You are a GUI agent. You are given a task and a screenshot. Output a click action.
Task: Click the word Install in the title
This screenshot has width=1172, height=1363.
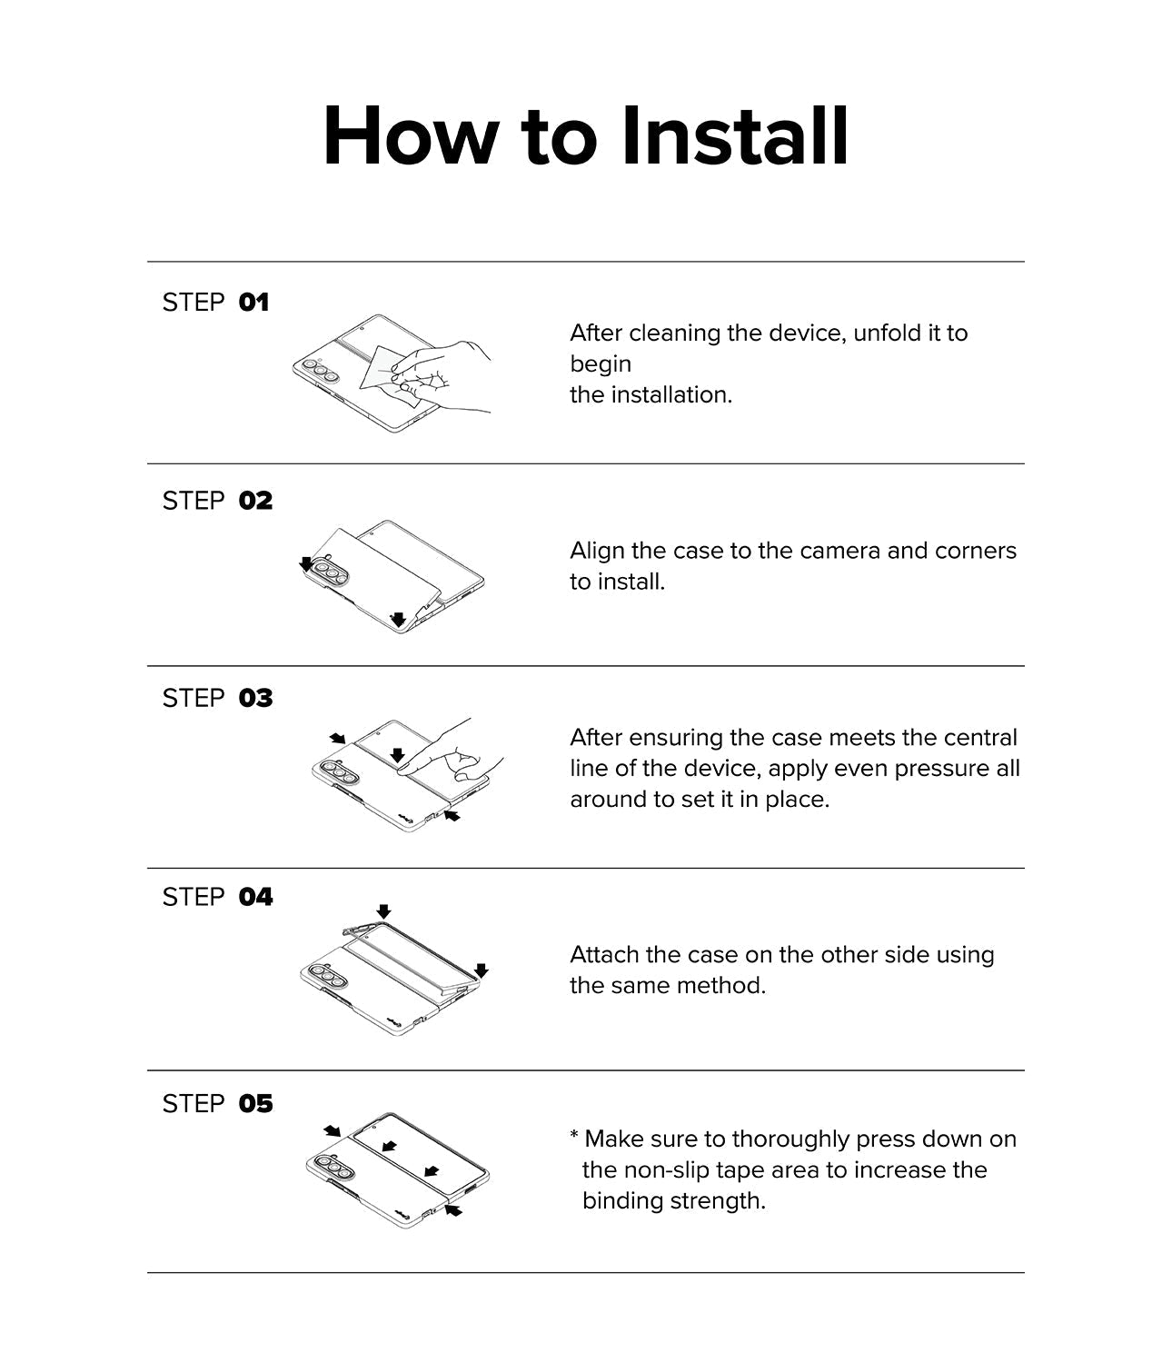[x=735, y=135]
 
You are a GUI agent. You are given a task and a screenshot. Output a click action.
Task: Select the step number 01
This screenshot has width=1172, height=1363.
[x=253, y=303]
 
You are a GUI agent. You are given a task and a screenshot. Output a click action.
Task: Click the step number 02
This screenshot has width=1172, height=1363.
[x=256, y=501]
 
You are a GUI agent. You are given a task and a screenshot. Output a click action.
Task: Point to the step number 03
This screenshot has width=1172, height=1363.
[x=256, y=699]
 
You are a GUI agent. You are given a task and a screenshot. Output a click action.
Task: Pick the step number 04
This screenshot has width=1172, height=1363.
[x=256, y=897]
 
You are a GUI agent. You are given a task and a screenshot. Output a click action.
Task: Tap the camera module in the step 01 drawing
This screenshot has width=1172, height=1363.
[x=321, y=370]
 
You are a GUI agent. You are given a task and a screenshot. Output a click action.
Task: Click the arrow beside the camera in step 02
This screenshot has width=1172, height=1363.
[x=306, y=563]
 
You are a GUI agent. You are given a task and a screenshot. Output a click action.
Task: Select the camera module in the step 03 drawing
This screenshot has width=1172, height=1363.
[x=339, y=772]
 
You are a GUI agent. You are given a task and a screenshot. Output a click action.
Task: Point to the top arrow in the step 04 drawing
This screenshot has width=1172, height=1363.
[x=383, y=911]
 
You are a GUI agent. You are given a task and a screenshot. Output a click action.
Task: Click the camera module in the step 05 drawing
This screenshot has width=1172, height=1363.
[x=333, y=1167]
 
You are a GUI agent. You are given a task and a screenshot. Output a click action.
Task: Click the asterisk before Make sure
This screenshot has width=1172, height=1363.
[x=575, y=1135]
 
